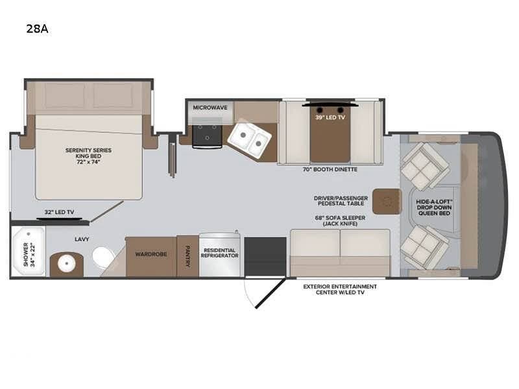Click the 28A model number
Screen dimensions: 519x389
38,29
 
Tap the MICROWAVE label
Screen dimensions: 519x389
210,108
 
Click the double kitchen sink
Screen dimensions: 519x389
249,139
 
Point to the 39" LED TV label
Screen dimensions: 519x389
330,117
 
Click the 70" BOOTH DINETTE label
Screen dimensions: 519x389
330,169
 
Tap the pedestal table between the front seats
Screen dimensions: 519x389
387,201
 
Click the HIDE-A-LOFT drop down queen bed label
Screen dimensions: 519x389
434,207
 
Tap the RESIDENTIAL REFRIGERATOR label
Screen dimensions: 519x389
219,253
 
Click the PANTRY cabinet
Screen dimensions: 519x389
187,256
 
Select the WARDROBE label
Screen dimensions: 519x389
151,254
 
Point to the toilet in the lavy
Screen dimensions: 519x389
103,257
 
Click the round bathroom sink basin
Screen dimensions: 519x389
67,264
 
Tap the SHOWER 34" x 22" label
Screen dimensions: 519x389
29,254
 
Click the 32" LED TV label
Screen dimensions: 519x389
59,212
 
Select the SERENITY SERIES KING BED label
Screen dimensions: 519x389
88,156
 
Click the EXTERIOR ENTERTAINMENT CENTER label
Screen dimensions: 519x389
340,289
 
